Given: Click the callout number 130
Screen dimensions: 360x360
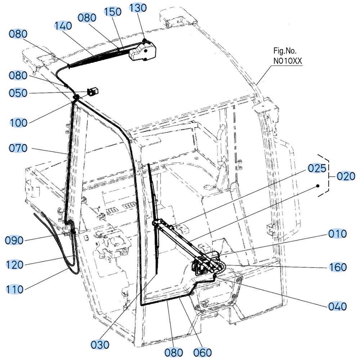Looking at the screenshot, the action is coord(138,8).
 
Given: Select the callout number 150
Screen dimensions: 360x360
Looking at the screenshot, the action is coord(112,12).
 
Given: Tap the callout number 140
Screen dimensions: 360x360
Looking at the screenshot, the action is coord(63,26).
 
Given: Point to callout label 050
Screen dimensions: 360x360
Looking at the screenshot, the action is coord(18,93).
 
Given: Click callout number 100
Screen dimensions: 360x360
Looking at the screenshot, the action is coord(19,123).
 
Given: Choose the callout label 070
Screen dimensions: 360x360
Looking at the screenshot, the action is coord(18,148).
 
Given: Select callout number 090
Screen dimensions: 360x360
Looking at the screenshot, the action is coord(14,240).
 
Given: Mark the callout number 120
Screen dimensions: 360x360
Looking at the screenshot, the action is coord(14,265).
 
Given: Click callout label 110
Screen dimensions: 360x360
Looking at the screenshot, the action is coord(14,289).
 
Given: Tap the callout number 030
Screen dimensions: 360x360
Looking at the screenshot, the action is coord(100,345).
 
